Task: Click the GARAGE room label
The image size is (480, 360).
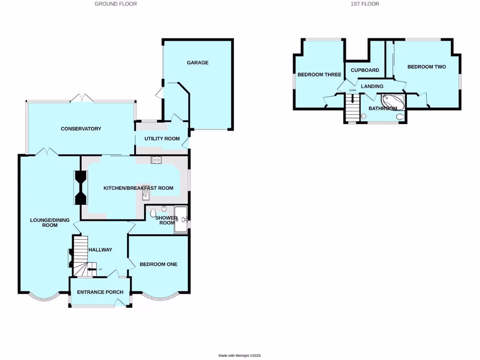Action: [x=197, y=63]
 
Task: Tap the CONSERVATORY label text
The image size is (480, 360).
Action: [x=81, y=129]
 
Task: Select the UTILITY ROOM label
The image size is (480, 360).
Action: [x=162, y=139]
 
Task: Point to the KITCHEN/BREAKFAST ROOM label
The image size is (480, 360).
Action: [x=138, y=188]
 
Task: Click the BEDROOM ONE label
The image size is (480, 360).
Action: [x=158, y=264]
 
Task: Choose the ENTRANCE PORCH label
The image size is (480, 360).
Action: [x=100, y=292]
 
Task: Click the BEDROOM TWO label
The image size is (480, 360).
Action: [x=426, y=67]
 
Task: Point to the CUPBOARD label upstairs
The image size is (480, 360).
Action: [x=365, y=70]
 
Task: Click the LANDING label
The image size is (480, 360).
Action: [x=372, y=86]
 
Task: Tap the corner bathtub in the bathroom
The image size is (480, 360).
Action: [x=390, y=100]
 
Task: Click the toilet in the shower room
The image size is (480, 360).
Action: [x=153, y=214]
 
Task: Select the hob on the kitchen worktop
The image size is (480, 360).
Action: [x=156, y=160]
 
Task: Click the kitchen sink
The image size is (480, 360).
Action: [x=146, y=195]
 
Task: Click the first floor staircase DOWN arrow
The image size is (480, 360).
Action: [x=352, y=99]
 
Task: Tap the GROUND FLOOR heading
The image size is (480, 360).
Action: [x=116, y=4]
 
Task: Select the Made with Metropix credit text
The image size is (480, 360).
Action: [x=240, y=356]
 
